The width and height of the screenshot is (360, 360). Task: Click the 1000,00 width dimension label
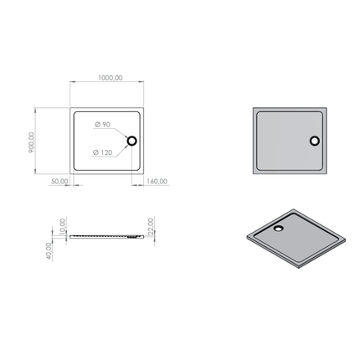click(x=110, y=78)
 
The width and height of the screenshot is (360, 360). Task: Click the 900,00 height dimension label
click(x=31, y=142)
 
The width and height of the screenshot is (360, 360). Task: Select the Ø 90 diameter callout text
click(x=102, y=125)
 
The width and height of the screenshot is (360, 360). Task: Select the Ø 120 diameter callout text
click(x=102, y=152)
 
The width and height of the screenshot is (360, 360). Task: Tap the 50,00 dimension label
click(x=59, y=182)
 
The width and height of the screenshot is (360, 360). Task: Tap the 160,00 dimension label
click(x=157, y=182)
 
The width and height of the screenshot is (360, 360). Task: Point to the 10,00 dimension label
click(x=63, y=225)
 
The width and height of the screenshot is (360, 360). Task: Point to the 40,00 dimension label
click(x=49, y=251)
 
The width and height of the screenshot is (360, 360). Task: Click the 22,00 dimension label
click(x=151, y=227)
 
